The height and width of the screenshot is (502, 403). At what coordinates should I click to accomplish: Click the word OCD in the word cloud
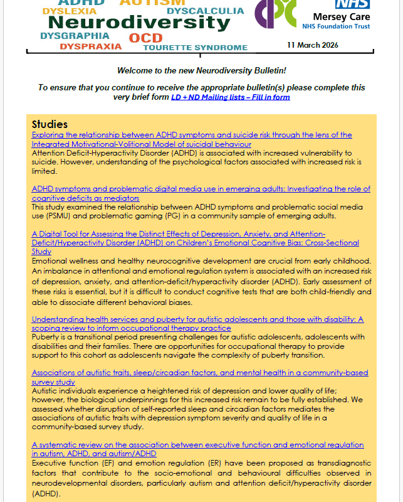click(145, 38)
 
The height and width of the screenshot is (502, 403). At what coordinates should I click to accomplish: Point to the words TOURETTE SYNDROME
click(195, 47)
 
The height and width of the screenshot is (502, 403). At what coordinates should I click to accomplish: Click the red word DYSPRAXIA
click(91, 46)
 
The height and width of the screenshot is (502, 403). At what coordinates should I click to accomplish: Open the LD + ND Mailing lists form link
click(231, 97)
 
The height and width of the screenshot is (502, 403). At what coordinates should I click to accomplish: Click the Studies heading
click(50, 124)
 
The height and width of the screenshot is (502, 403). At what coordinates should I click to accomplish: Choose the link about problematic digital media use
click(201, 193)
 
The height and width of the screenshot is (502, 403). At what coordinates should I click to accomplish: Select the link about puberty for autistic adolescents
click(197, 324)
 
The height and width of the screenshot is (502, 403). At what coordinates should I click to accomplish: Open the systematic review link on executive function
click(197, 449)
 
